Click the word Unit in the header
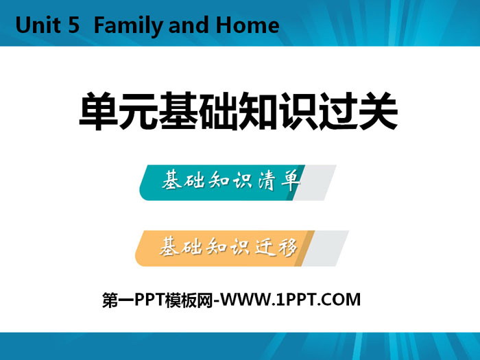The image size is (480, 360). click(x=38, y=25)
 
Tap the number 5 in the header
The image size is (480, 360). click(x=74, y=25)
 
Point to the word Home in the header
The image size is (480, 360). click(x=248, y=25)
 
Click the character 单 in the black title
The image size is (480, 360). click(x=99, y=111)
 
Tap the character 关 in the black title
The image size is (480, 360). click(x=378, y=111)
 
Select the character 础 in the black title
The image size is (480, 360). click(x=219, y=111)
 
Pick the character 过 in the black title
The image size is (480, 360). click(x=338, y=111)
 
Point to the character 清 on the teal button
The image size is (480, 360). click(x=266, y=180)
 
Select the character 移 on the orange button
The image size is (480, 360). click(x=287, y=247)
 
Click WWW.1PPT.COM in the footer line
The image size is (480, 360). click(x=291, y=300)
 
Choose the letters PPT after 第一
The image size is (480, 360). click(x=149, y=300)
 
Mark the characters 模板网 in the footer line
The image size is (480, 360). click(x=189, y=300)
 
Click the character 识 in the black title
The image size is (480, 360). click(x=298, y=111)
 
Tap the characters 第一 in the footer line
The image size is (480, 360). click(x=118, y=300)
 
